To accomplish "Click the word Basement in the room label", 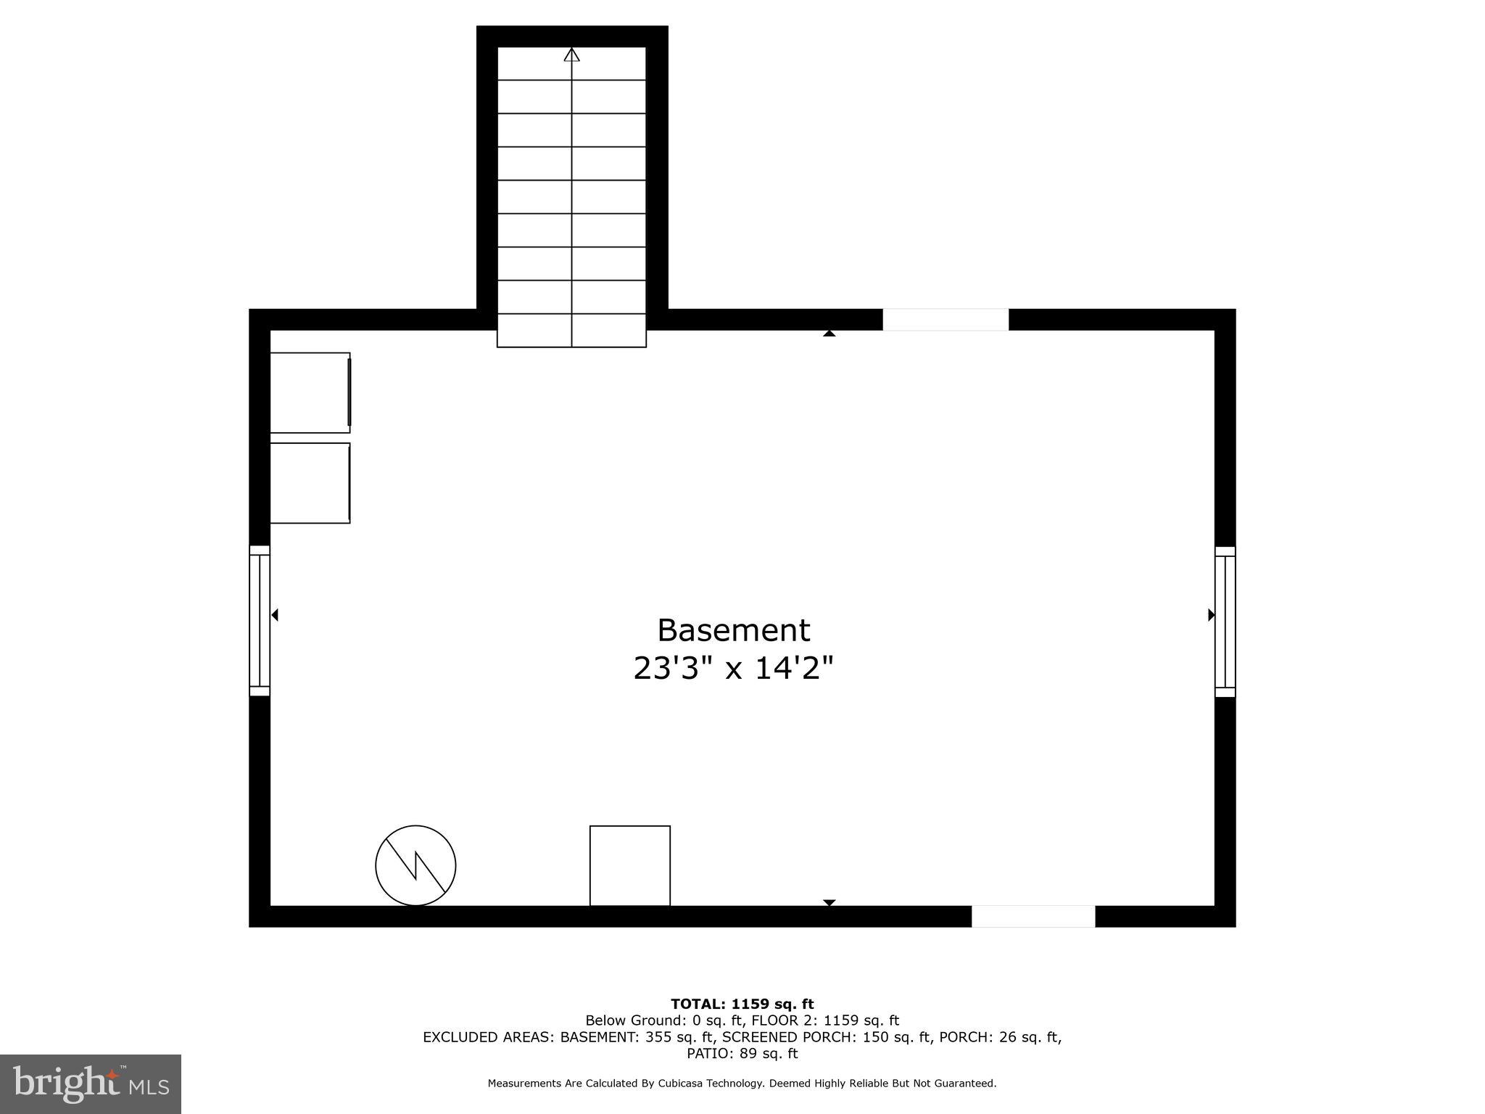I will (x=733, y=630).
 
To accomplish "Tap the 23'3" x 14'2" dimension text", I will (x=733, y=668).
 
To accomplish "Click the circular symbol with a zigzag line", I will (x=415, y=865).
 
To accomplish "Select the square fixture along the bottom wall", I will (x=629, y=865).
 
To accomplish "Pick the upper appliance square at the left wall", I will (x=310, y=392).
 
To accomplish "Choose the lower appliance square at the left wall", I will (x=310, y=483).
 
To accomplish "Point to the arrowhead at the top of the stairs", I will (x=572, y=54).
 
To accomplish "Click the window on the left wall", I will (x=260, y=621).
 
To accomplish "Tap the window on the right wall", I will (x=1225, y=622).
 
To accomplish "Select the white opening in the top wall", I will (x=945, y=320).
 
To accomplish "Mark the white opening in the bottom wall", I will (x=1033, y=916).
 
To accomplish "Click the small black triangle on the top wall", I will (x=830, y=334).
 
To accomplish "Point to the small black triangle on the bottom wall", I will (x=830, y=902).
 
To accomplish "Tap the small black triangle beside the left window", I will (x=275, y=615).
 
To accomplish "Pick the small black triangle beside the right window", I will (x=1211, y=615).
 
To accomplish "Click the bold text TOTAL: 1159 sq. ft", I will (x=742, y=1004).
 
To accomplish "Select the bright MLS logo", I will (x=91, y=1084).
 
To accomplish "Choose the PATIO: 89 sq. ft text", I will (x=742, y=1053).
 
